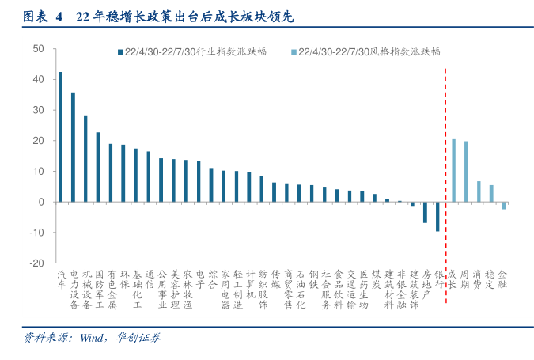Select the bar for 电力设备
coord(73,147)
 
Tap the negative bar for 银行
coord(437,216)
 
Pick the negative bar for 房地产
coord(425,212)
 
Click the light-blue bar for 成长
coord(453,170)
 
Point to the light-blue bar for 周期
coord(466,172)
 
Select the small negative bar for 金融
coord(504,205)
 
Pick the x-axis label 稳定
coord(491,279)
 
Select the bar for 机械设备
coord(85,158)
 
